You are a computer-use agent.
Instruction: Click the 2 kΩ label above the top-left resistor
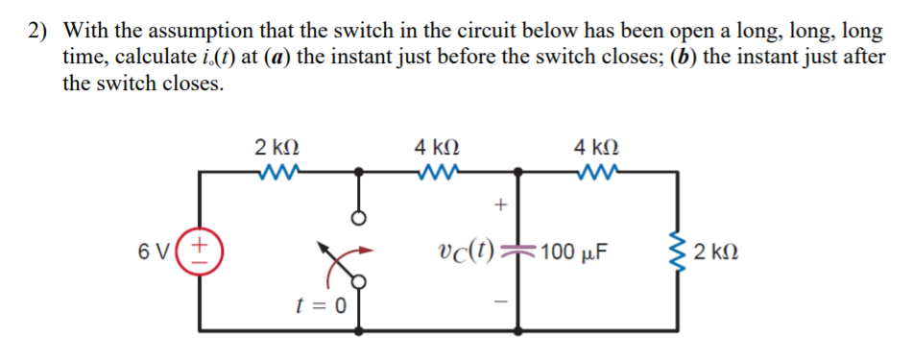pyautogui.click(x=276, y=148)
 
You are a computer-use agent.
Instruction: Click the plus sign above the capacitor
pyautogui.click(x=498, y=204)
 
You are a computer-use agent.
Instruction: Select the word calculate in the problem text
pyautogui.click(x=104, y=57)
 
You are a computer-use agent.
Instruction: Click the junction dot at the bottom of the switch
pyautogui.click(x=359, y=330)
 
